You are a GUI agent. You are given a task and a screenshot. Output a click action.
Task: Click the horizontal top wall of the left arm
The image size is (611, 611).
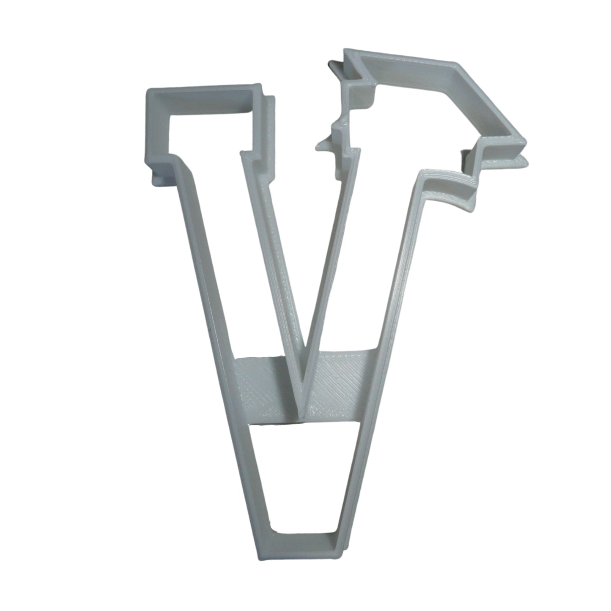[203, 95]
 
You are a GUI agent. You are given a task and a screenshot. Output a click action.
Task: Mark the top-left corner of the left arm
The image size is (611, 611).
[149, 91]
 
